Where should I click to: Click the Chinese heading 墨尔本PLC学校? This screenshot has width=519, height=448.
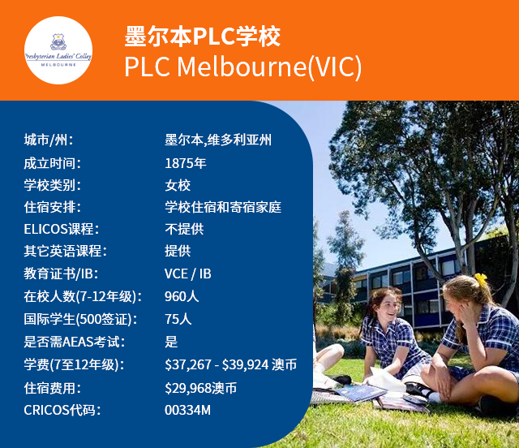pos(203,37)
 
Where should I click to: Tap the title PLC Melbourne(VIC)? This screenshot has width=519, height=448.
pos(243,67)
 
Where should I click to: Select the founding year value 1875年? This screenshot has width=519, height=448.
pos(186,162)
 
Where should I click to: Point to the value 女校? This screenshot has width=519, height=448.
pos(178,185)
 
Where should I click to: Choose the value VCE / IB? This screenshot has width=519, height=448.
pos(188,274)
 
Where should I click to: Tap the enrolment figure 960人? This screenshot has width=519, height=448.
pos(182,297)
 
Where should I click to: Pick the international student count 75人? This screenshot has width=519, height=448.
pos(178,319)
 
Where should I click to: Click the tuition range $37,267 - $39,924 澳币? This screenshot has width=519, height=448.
pos(230,364)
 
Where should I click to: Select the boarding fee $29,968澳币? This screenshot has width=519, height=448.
pos(200,387)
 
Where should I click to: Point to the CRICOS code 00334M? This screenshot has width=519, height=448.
pos(187,410)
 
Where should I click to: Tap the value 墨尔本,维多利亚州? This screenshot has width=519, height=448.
pos(217,140)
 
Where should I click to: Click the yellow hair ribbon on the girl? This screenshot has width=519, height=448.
pos(480,281)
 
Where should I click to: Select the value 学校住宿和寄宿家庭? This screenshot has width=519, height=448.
pos(223,207)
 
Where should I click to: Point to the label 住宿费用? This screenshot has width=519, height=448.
pos(54,387)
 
